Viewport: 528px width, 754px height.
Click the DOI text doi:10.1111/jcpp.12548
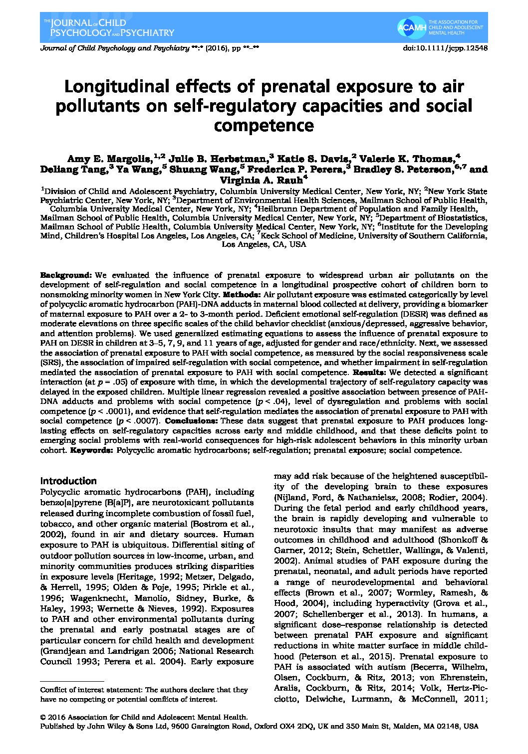pos(445,48)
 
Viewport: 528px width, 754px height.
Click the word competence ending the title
pos(264,125)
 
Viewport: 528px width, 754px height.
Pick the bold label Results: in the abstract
pos(369,373)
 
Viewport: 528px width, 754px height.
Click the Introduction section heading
pos(68,481)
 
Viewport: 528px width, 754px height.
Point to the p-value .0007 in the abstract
pos(148,421)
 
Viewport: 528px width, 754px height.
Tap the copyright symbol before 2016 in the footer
pos(43,717)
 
